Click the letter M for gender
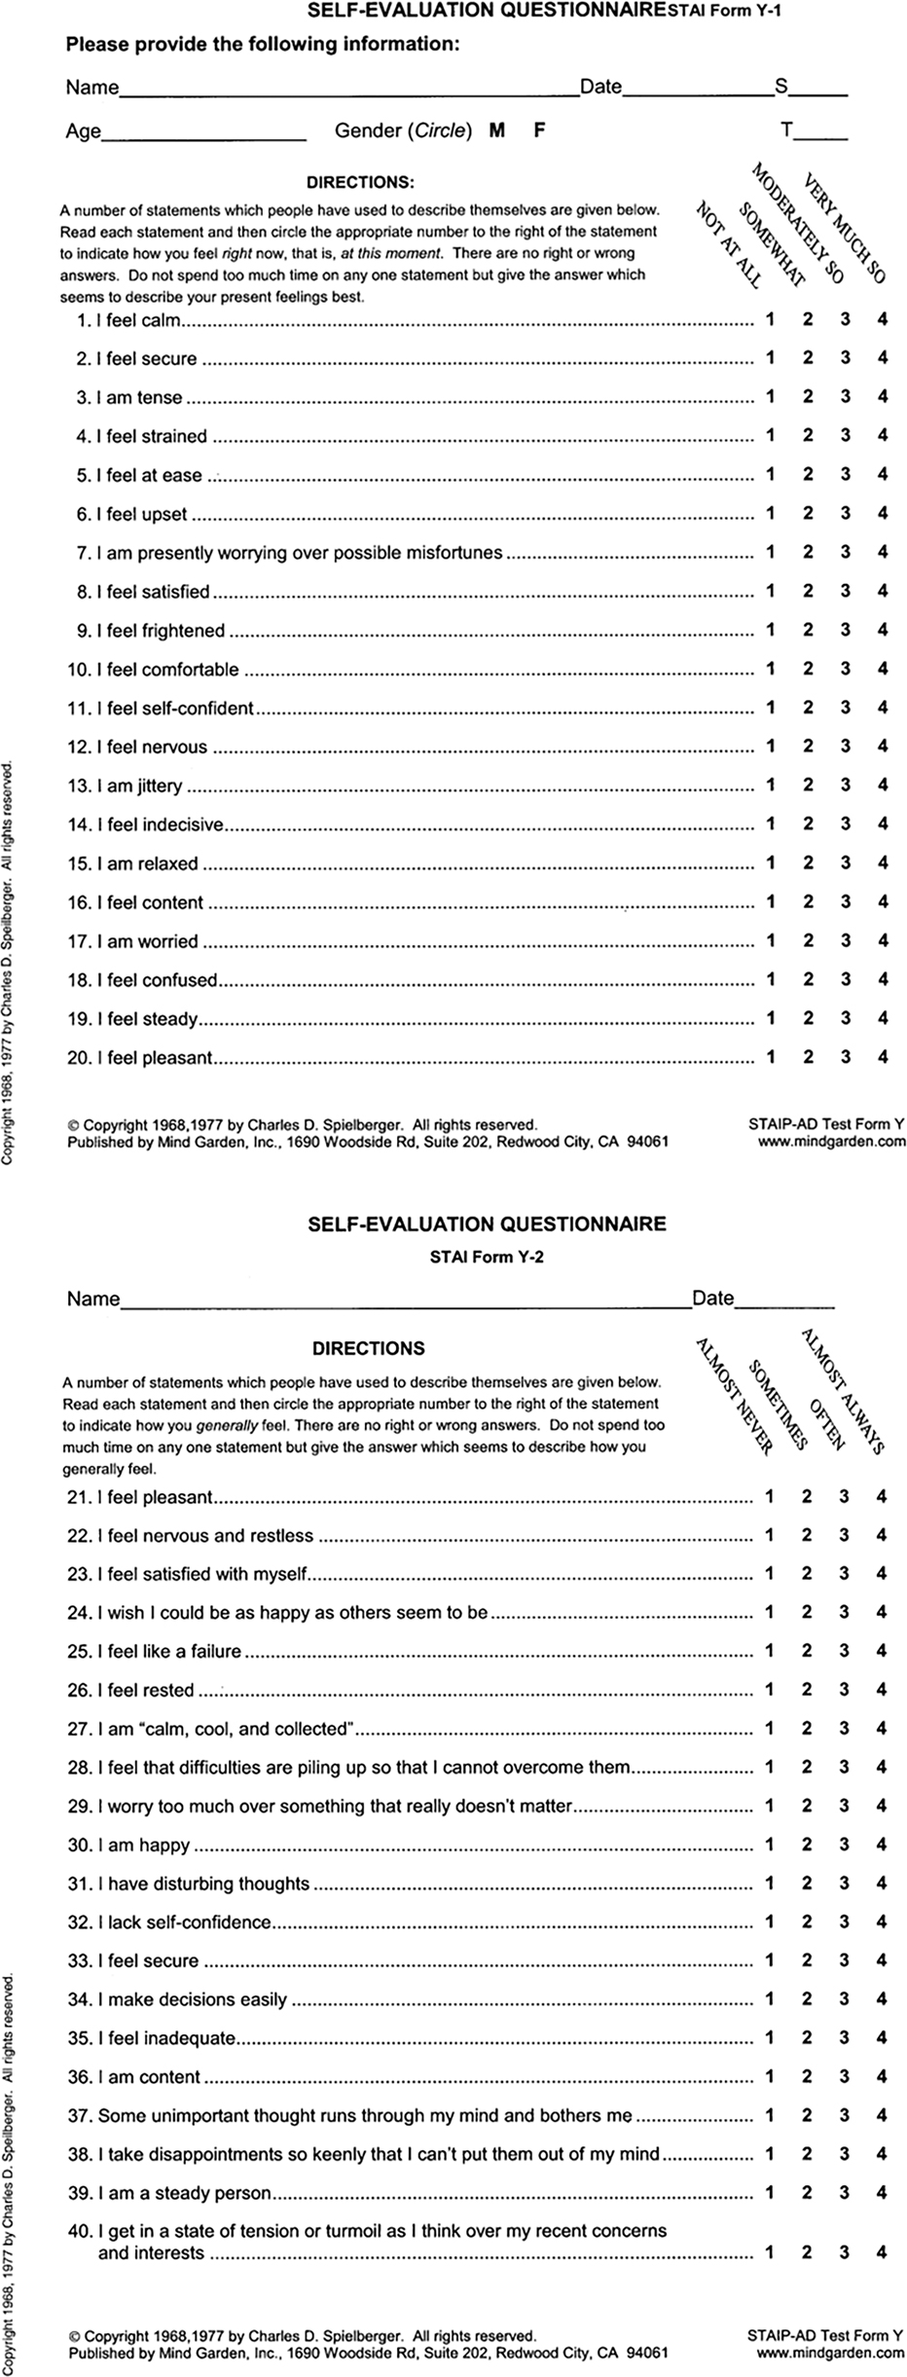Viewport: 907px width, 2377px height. pyautogui.click(x=497, y=130)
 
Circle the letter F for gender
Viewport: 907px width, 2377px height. pyautogui.click(x=539, y=130)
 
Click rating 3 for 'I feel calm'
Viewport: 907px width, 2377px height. pyautogui.click(x=846, y=318)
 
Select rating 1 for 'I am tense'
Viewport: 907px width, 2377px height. pyautogui.click(x=770, y=396)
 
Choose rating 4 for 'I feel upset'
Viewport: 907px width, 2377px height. pyautogui.click(x=883, y=513)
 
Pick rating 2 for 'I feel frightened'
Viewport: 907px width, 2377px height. pyautogui.click(x=808, y=630)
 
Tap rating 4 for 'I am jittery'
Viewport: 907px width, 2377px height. pyautogui.click(x=883, y=785)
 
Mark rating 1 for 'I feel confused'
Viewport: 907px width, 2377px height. pyautogui.click(x=770, y=979)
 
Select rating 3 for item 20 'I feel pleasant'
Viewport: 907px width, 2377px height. pyautogui.click(x=846, y=1056)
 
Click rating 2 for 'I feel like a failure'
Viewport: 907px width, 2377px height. pyautogui.click(x=807, y=1651)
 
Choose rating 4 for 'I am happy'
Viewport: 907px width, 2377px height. pyautogui.click(x=882, y=1845)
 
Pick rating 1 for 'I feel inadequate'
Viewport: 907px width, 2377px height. pyautogui.click(x=769, y=2037)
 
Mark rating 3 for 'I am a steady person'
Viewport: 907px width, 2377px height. pyautogui.click(x=845, y=2193)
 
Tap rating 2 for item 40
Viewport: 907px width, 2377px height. pyautogui.click(x=807, y=2251)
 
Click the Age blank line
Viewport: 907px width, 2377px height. pyautogui.click(x=204, y=134)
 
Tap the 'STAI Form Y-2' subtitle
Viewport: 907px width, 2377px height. pyautogui.click(x=487, y=1257)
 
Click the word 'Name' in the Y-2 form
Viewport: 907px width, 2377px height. pyautogui.click(x=93, y=1299)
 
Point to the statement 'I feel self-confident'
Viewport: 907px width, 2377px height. pyautogui.click(x=175, y=709)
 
